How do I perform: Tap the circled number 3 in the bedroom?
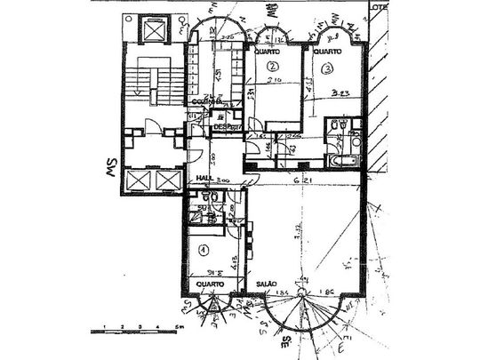328,68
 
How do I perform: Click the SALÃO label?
268,284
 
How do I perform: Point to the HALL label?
203,178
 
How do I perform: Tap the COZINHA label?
206,100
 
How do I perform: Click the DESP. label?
222,127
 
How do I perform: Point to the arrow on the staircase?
139,90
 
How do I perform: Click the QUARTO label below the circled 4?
210,284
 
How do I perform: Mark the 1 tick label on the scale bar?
106,327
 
